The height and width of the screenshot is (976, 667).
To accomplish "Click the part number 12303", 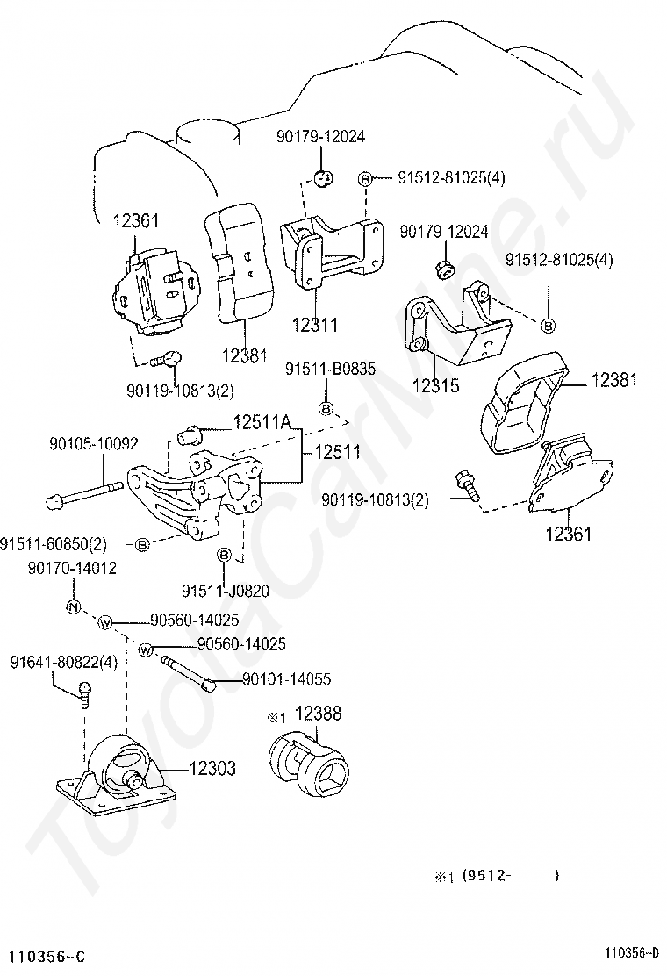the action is pyautogui.click(x=212, y=768).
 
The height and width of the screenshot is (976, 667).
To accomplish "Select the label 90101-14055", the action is pyautogui.click(x=286, y=679).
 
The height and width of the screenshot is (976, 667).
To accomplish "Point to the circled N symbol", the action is pyautogui.click(x=74, y=607).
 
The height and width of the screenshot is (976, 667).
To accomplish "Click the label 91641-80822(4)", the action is pyautogui.click(x=63, y=663).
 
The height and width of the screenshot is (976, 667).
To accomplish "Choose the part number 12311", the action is pyautogui.click(x=315, y=324).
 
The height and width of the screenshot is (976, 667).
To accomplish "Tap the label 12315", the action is pyautogui.click(x=435, y=386).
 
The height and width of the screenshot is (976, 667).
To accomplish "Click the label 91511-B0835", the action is pyautogui.click(x=330, y=370).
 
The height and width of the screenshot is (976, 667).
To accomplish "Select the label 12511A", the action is pyautogui.click(x=262, y=423).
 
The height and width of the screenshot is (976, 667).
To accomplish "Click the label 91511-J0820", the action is pyautogui.click(x=226, y=590).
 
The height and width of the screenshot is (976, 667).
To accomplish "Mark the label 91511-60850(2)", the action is pyautogui.click(x=54, y=544).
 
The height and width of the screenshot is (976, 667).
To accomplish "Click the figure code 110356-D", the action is pyautogui.click(x=632, y=952).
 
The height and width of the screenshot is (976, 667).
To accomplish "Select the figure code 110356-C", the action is pyautogui.click(x=42, y=956).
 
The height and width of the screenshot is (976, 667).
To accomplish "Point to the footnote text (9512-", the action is pyautogui.click(x=486, y=876).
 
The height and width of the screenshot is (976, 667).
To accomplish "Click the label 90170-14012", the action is pyautogui.click(x=72, y=568).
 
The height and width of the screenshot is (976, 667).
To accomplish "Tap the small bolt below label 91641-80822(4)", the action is pyautogui.click(x=85, y=694).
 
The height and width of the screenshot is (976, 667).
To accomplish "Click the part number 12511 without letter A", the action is pyautogui.click(x=338, y=452).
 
